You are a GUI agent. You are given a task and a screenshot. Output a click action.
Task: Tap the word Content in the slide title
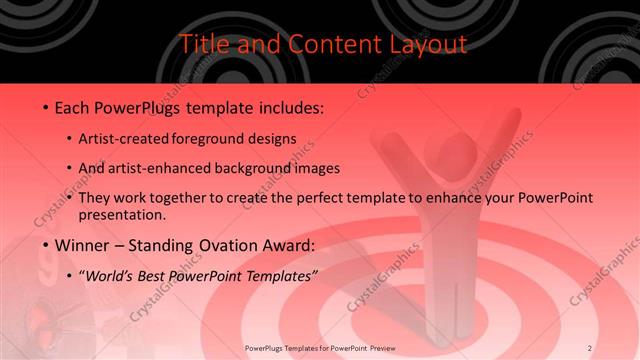[x=324, y=44]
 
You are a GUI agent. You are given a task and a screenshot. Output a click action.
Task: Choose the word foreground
[x=218, y=138]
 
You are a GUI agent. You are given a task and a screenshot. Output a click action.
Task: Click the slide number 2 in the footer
[x=590, y=348]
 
